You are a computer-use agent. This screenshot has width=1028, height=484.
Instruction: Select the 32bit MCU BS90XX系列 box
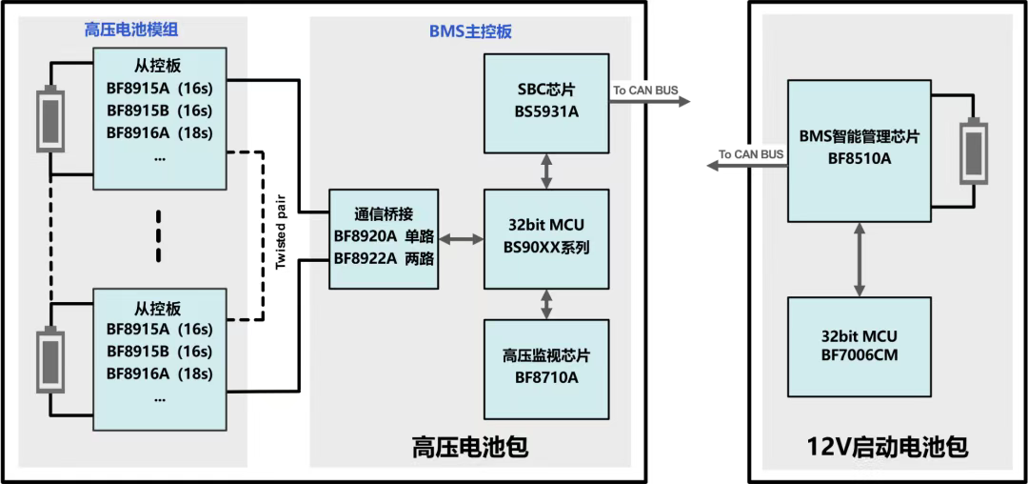pos(546,238)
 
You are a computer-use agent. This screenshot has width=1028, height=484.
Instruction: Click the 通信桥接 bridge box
pos(383,239)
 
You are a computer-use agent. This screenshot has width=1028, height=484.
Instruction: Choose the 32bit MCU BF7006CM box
pos(860,346)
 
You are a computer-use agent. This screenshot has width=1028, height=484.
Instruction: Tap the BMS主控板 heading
pos(470,30)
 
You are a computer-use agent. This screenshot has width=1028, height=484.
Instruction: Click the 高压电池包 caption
pos(469,446)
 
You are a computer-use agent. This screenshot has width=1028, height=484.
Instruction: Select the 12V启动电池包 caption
pos(887,446)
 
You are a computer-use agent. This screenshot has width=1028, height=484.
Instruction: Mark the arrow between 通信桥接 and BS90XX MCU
pos(462,239)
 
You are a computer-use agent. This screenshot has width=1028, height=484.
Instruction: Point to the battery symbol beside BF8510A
pos(973,151)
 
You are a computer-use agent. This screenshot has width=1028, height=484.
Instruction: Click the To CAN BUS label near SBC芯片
pos(646,90)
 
